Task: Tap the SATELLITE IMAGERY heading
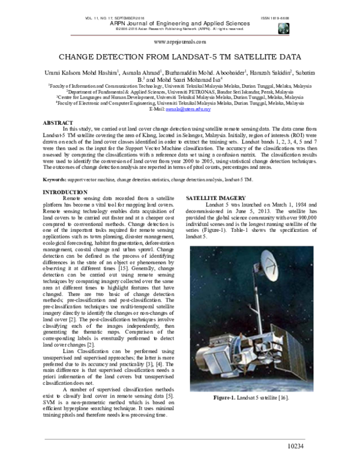pos(215,198)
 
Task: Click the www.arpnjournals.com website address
pos(180,42)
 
